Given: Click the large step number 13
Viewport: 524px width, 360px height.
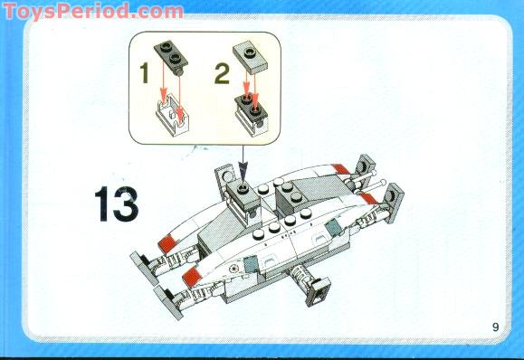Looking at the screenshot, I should [115, 204].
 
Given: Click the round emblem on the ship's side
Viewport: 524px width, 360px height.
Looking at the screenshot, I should [234, 269].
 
